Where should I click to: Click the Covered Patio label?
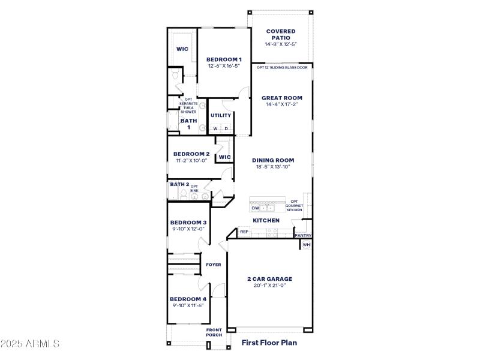[x=281, y=34]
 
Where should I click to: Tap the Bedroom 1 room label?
[x=224, y=59]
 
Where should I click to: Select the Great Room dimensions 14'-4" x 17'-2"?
[x=281, y=104]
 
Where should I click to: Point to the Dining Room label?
[x=273, y=160]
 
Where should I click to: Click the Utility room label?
[x=221, y=115]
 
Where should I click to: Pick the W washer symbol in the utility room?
[x=215, y=128]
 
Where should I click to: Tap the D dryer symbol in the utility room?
[x=226, y=128]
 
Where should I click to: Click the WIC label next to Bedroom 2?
[x=224, y=157]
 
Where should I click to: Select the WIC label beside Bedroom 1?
[x=182, y=49]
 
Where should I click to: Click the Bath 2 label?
[x=179, y=185]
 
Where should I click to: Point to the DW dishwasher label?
[x=255, y=208]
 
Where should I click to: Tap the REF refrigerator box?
[x=244, y=232]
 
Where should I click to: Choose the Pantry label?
[x=303, y=236]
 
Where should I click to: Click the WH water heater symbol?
[x=306, y=245]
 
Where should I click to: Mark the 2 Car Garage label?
[x=269, y=279]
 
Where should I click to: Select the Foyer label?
[x=214, y=265]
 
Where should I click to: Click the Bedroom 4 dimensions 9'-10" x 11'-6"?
[x=187, y=306]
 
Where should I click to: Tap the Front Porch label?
[x=214, y=332]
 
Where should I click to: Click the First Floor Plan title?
[x=269, y=343]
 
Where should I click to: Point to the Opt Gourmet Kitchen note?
[x=294, y=206]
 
